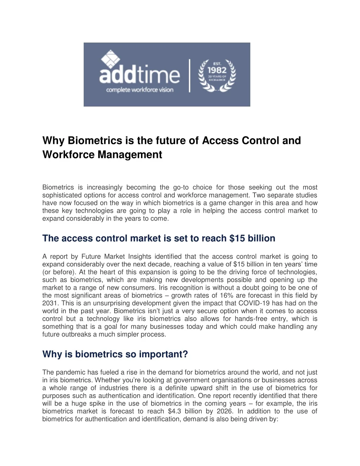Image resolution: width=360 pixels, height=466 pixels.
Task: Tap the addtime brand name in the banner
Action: pyautogui.click(x=140, y=75)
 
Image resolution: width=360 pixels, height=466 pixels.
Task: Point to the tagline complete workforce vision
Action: pyautogui.click(x=140, y=90)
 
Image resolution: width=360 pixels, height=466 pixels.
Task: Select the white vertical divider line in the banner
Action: pyautogui.click(x=190, y=75)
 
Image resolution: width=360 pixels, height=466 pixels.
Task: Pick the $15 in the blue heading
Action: pyautogui.click(x=237, y=238)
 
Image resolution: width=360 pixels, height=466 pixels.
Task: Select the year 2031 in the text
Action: pyautogui.click(x=49, y=303)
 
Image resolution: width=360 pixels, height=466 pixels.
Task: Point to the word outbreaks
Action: pyautogui.click(x=76, y=334)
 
